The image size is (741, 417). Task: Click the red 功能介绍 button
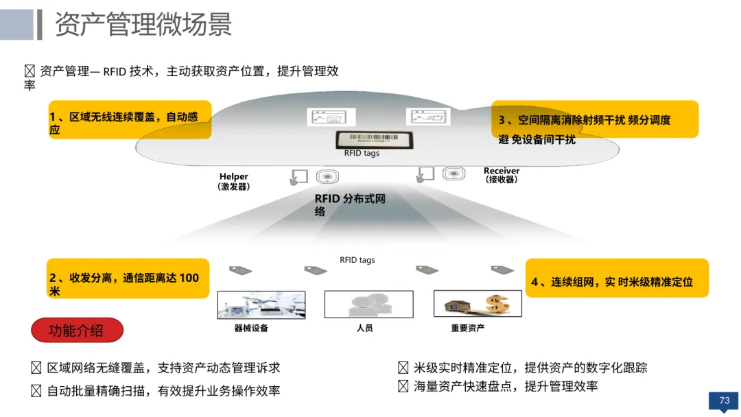tap(77, 330)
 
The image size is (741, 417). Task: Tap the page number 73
tap(724, 401)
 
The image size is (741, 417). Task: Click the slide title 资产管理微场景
tap(143, 23)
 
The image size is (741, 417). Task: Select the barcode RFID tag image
tap(375, 139)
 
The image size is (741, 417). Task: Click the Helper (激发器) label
tap(233, 181)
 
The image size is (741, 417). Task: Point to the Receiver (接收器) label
tap(502, 175)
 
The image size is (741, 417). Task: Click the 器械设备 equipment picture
tap(261, 305)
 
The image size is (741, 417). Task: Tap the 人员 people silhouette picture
tap(368, 304)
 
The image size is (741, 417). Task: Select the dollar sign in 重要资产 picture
tap(498, 303)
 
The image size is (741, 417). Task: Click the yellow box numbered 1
tap(130, 119)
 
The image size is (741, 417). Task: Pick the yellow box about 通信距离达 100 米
tap(128, 278)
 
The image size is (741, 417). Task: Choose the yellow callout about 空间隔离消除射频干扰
tap(594, 119)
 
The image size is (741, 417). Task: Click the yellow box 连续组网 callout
tap(617, 278)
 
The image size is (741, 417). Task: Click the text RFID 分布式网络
tap(350, 204)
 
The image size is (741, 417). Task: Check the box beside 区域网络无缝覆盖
tap(36, 368)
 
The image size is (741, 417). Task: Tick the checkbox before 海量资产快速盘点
tap(403, 386)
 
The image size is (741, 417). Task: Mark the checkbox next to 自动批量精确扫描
tap(36, 390)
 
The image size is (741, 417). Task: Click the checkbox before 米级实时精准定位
tap(403, 368)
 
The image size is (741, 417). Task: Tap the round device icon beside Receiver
tap(454, 174)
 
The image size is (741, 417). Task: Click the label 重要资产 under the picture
tap(467, 328)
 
